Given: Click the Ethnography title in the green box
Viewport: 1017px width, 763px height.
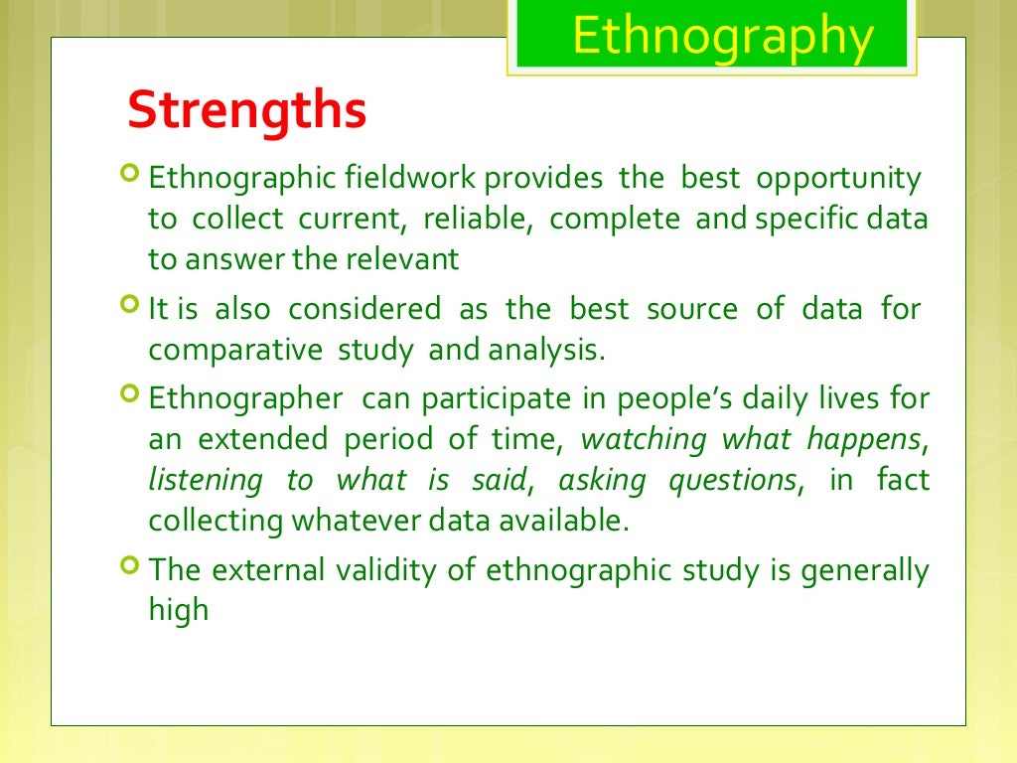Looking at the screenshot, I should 723,37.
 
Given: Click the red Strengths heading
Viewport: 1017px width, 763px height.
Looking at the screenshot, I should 247,110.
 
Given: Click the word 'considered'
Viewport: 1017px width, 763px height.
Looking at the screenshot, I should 364,309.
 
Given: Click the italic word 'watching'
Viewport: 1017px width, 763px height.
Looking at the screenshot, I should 643,439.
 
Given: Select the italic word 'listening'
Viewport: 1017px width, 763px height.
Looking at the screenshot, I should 206,481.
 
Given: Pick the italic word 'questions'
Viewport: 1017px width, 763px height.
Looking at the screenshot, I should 732,481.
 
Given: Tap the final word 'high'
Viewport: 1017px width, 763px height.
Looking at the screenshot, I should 179,610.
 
